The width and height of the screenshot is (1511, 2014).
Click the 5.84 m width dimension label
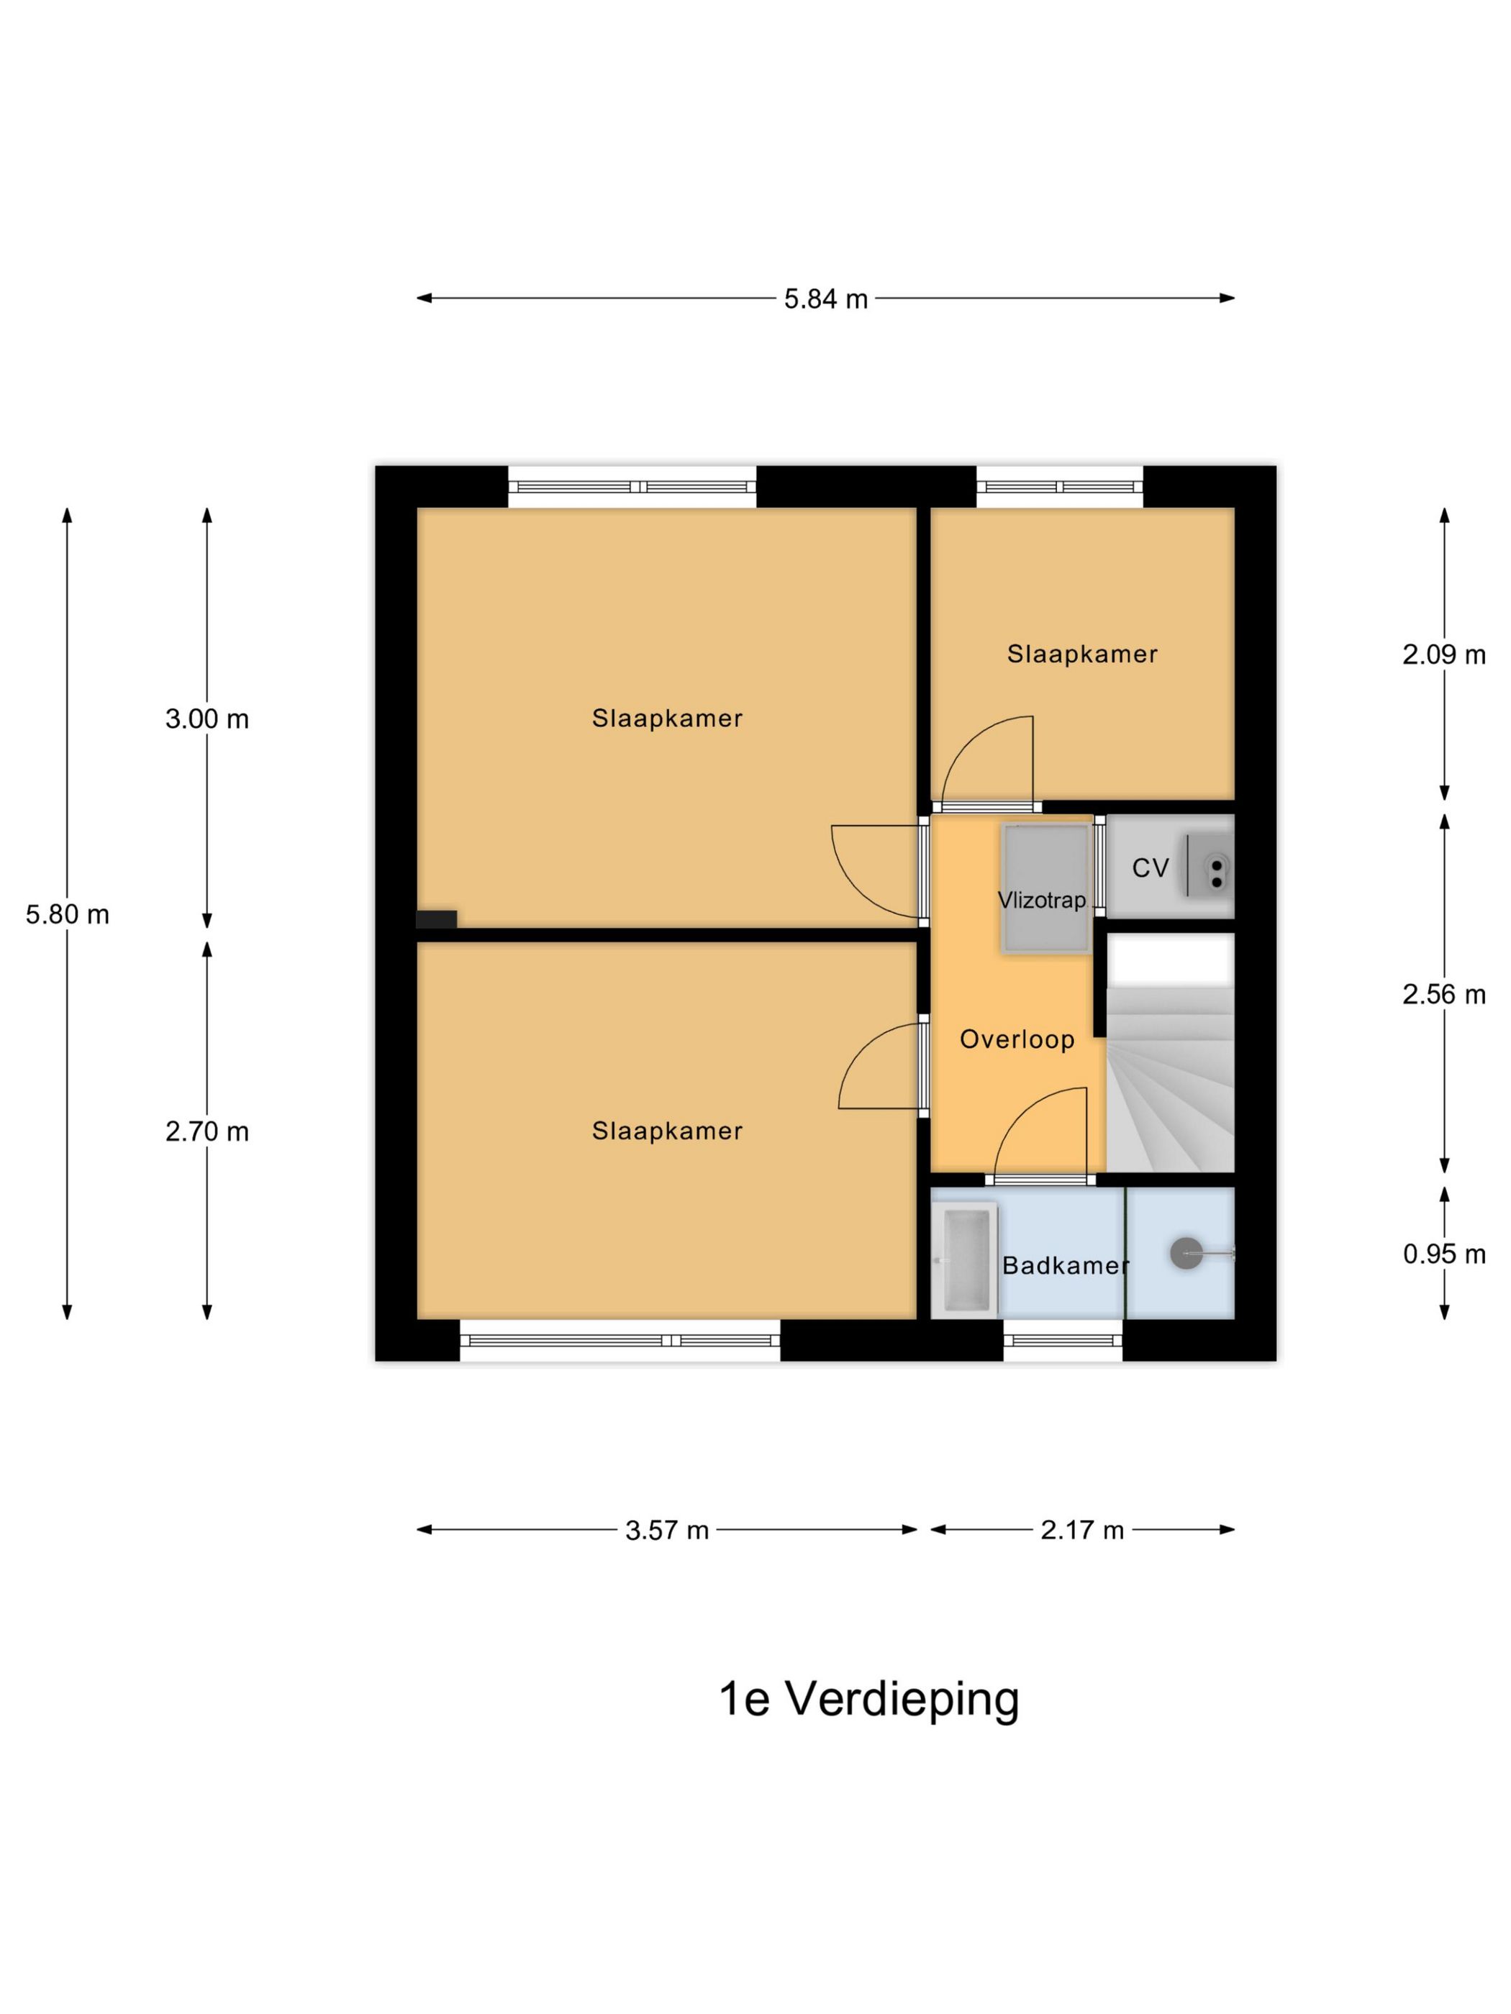coord(825,299)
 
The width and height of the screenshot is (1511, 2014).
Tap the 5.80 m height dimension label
coord(68,914)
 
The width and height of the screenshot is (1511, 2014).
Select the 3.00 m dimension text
coord(207,719)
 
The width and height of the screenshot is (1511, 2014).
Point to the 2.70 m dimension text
coord(207,1131)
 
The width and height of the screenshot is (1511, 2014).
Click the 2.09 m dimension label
coord(1443,655)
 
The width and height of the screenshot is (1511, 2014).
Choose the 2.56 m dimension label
coord(1443,994)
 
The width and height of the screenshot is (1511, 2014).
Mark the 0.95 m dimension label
coord(1443,1254)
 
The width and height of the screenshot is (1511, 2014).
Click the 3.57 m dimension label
coord(667,1531)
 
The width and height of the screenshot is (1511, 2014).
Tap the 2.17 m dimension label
coord(1082,1531)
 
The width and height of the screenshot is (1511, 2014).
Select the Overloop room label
coord(1017,1040)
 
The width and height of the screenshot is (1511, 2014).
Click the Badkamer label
coord(1066,1265)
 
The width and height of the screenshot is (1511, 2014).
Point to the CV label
coord(1149,869)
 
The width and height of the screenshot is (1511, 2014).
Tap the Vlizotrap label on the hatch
coord(1042,901)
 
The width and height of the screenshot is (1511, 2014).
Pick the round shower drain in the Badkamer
coord(1186,1254)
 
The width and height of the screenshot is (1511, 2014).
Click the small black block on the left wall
coord(436,919)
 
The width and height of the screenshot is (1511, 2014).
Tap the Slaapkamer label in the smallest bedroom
coord(1082,655)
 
